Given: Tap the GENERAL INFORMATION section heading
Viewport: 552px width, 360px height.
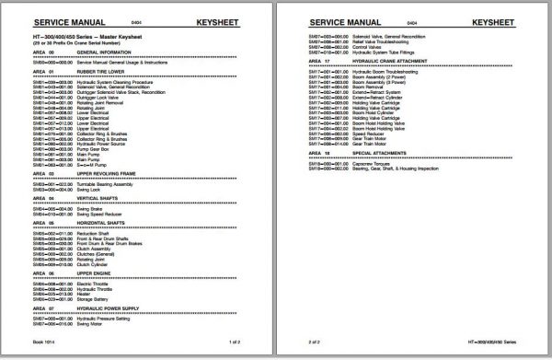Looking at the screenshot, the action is pyautogui.click(x=109, y=52).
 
